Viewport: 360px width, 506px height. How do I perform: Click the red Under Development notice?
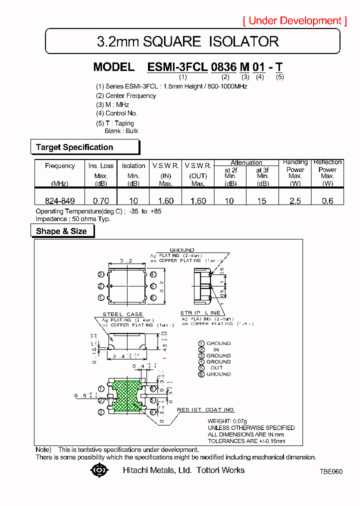[x=294, y=20]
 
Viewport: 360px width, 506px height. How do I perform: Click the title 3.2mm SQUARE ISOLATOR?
[x=187, y=41]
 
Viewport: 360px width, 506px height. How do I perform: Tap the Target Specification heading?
[x=74, y=147]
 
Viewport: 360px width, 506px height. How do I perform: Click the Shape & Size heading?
[x=61, y=231]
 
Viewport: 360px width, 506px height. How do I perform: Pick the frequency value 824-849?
[x=59, y=201]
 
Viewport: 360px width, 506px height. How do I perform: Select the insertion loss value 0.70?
[x=101, y=201]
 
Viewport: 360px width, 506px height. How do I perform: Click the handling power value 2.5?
[x=295, y=201]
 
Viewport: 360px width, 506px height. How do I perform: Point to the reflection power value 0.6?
[x=327, y=201]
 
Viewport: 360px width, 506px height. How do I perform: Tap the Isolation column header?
[x=133, y=166]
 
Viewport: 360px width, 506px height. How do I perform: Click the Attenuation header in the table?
[x=246, y=162]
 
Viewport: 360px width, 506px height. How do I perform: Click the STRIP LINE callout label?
[x=200, y=313]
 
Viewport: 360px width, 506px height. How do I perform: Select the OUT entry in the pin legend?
[x=216, y=368]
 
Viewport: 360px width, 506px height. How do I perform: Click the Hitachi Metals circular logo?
[x=99, y=470]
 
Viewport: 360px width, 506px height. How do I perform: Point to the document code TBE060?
[x=331, y=471]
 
